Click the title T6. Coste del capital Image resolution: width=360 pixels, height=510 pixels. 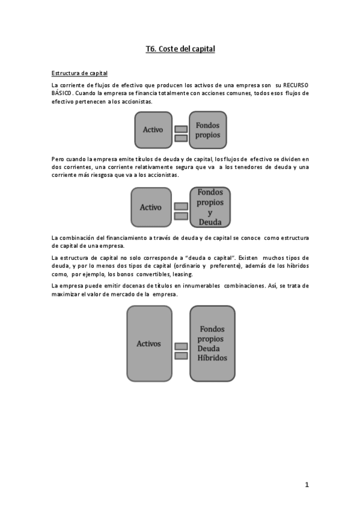180,49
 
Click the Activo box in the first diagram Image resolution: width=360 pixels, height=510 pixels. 153,130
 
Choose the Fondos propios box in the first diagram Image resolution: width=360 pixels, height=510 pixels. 208,130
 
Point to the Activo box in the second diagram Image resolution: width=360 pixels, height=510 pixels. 150,207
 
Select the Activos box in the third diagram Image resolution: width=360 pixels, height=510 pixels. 148,343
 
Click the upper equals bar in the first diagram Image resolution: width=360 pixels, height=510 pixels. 180,129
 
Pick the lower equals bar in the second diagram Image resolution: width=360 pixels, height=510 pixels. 180,216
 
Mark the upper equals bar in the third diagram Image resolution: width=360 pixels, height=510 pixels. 180,346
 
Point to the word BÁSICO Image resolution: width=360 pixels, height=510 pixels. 62,93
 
